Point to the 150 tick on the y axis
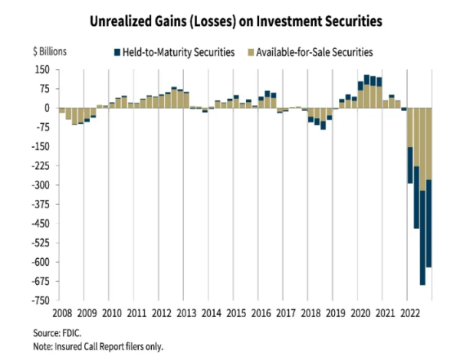pos(41,69)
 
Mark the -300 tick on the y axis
pos(39,185)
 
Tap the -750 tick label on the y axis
pos(39,300)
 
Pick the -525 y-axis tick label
pos(39,243)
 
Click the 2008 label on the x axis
pos(61,313)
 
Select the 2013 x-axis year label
pos(184,313)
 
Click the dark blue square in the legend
pos(117,52)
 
